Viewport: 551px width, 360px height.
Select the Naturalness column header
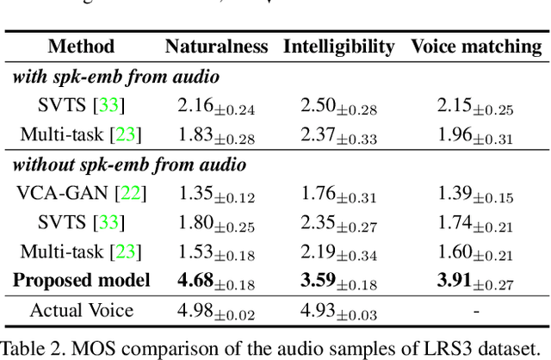216,47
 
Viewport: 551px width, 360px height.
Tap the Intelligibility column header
338,47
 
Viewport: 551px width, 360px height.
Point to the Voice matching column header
476,47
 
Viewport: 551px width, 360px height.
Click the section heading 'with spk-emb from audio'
115,77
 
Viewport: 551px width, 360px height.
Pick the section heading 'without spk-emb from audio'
128,164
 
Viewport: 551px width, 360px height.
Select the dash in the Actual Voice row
476,310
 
